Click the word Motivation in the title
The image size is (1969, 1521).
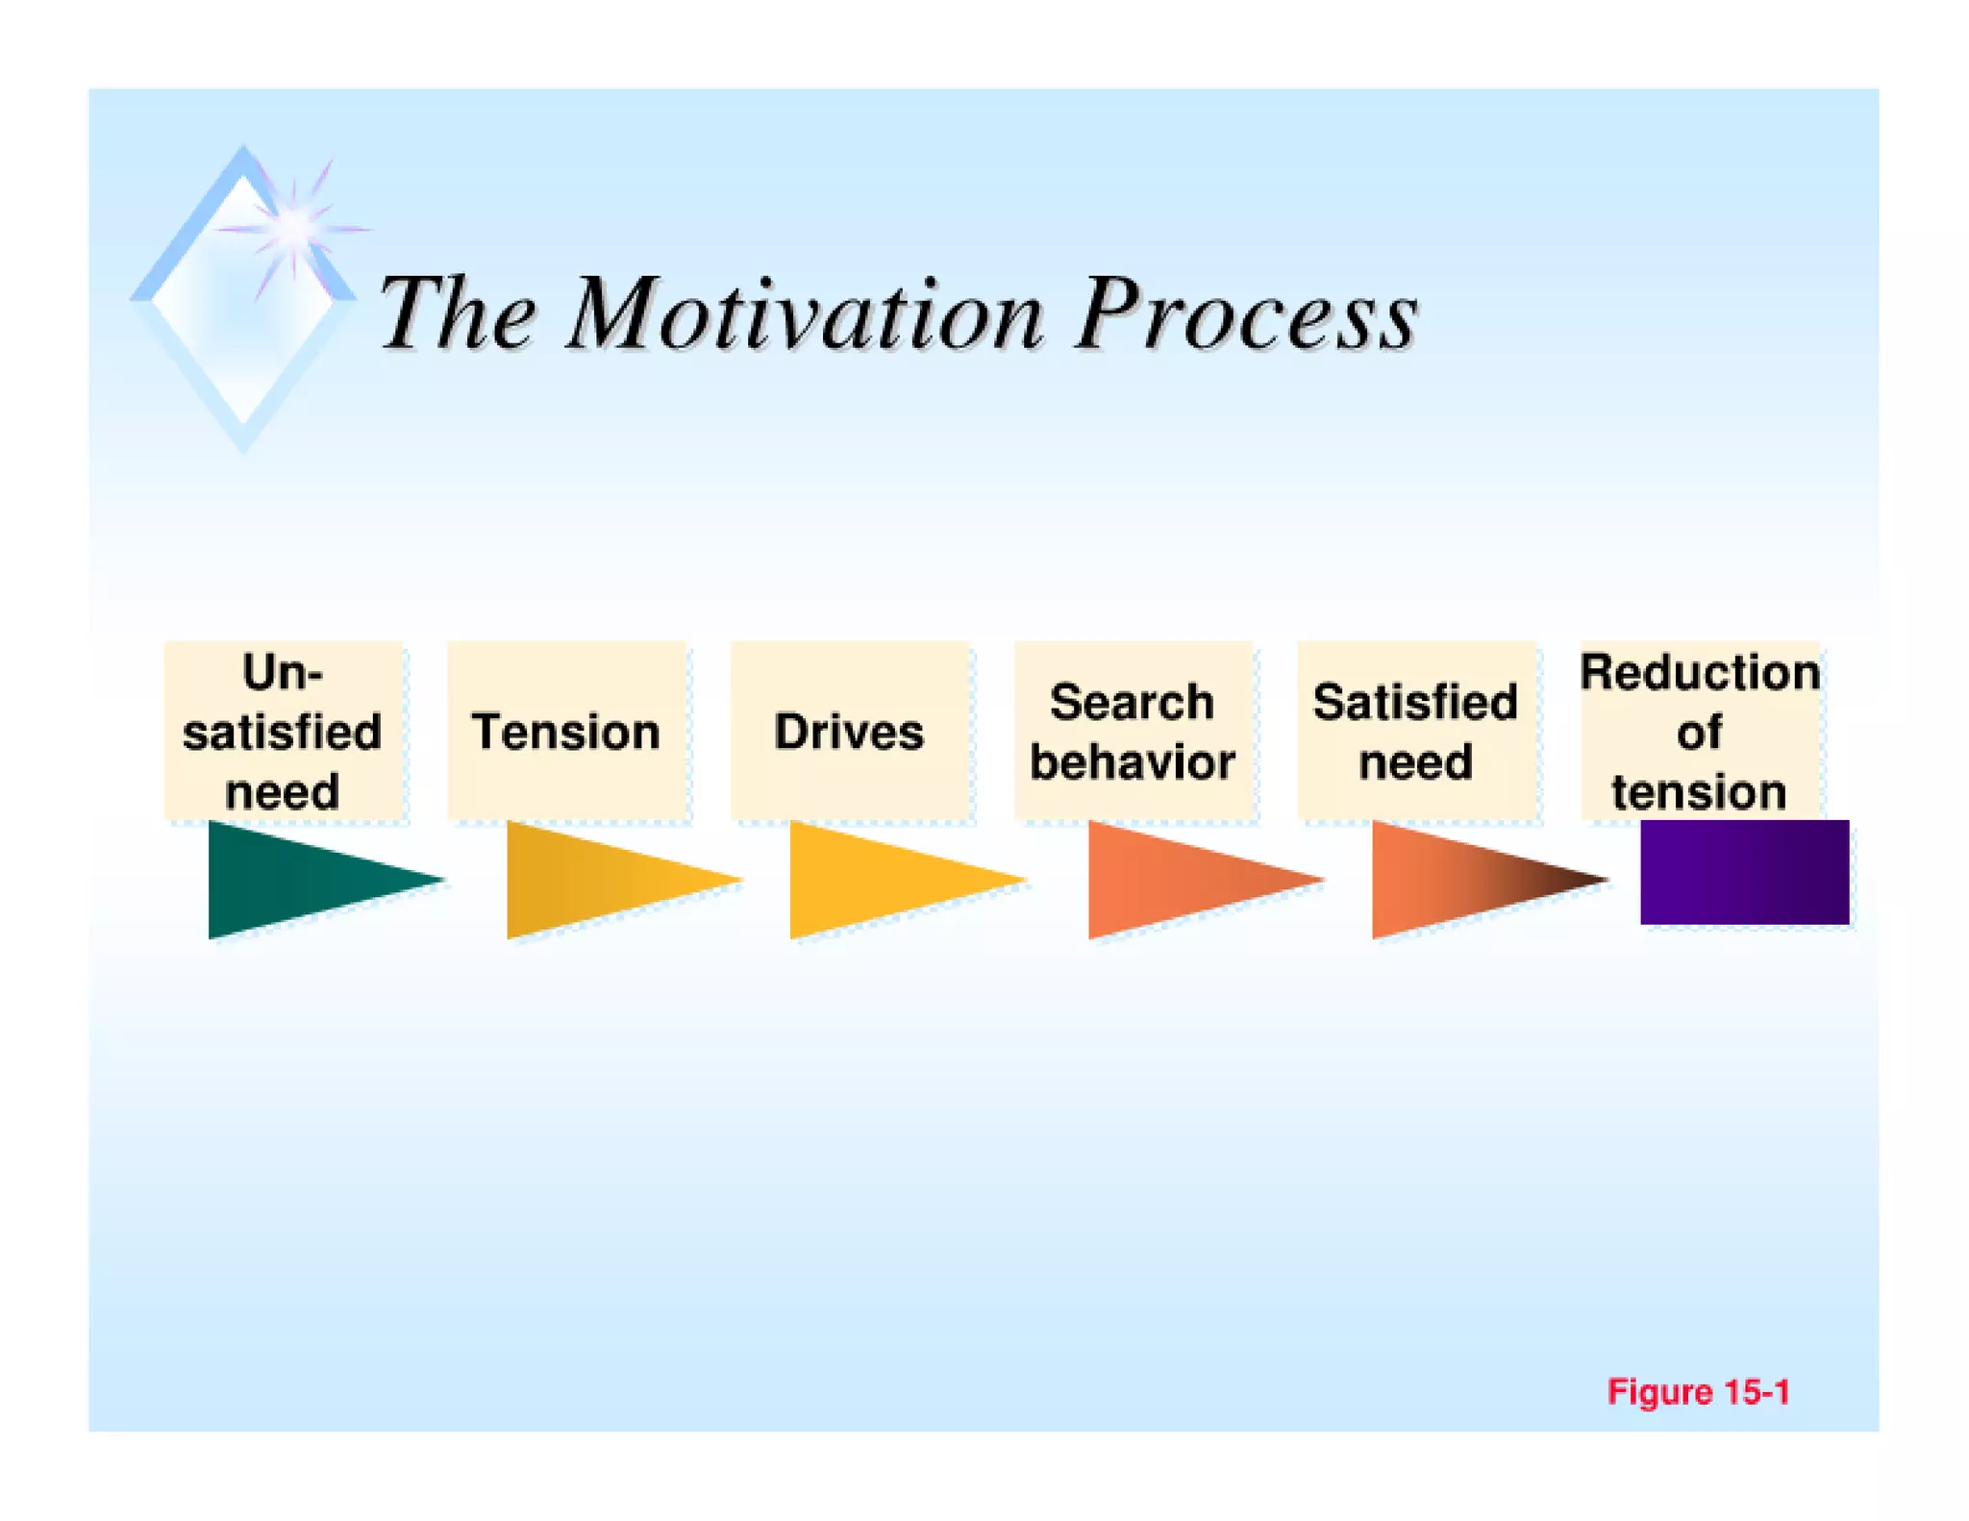point(806,313)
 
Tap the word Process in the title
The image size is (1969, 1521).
point(1246,313)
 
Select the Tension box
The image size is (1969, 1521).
point(566,731)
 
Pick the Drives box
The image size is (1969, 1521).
point(849,731)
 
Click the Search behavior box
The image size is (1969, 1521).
point(1133,731)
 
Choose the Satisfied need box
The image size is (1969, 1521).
point(1415,731)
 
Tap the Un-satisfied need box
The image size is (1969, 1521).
point(283,731)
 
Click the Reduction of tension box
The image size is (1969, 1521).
point(1699,731)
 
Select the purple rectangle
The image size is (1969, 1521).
point(1744,872)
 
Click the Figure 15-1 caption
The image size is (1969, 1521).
point(1698,1391)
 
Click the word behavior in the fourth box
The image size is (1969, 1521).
point(1133,762)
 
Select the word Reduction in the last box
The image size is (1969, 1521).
point(1699,672)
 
